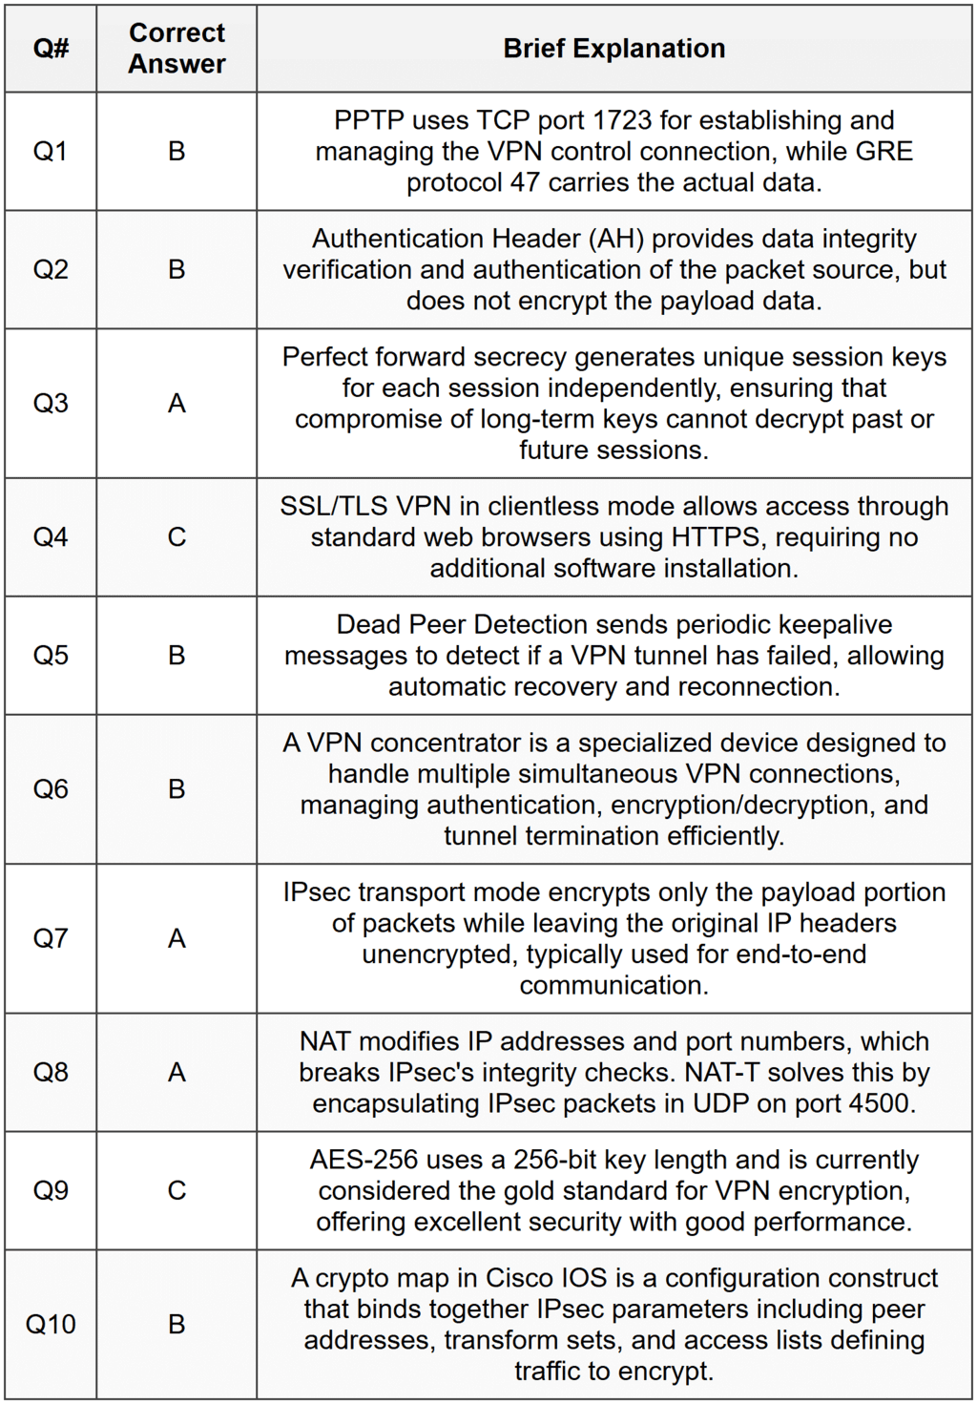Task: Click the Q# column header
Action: click(x=51, y=49)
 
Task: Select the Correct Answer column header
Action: click(x=177, y=49)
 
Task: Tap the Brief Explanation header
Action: click(x=613, y=49)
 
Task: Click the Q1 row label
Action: click(x=51, y=152)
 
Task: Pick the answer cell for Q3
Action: click(x=177, y=404)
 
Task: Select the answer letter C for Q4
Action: click(x=177, y=537)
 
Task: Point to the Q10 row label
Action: click(x=51, y=1325)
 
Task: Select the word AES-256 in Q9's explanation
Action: click(x=364, y=1160)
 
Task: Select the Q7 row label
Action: click(x=51, y=939)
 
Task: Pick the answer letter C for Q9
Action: click(x=177, y=1191)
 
